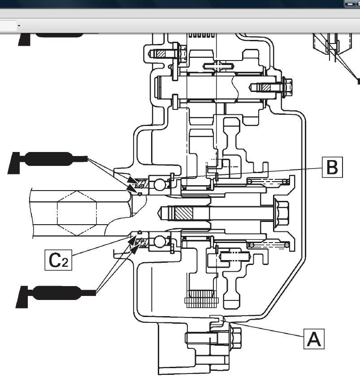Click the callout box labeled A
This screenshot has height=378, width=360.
314,339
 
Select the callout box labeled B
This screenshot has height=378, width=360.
332,167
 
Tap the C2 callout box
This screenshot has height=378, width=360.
58,260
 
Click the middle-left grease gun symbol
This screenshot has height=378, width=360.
48,162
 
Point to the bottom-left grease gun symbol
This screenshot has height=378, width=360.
56,296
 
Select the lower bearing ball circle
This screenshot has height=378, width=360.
160,242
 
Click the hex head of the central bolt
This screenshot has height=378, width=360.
281,213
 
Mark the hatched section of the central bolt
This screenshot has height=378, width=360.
184,213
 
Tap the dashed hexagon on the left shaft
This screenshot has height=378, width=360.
77,213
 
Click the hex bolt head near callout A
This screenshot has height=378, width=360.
235,338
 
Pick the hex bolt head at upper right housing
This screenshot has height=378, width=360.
287,87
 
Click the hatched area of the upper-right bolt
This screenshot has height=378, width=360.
266,87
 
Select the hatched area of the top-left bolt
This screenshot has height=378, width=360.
161,53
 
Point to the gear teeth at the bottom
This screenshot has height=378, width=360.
201,299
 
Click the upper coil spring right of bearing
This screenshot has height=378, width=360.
268,181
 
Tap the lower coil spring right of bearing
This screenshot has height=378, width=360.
269,245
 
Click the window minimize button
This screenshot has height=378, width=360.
350,4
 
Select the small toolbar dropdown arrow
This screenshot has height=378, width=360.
19,26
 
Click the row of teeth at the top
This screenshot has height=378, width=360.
201,35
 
